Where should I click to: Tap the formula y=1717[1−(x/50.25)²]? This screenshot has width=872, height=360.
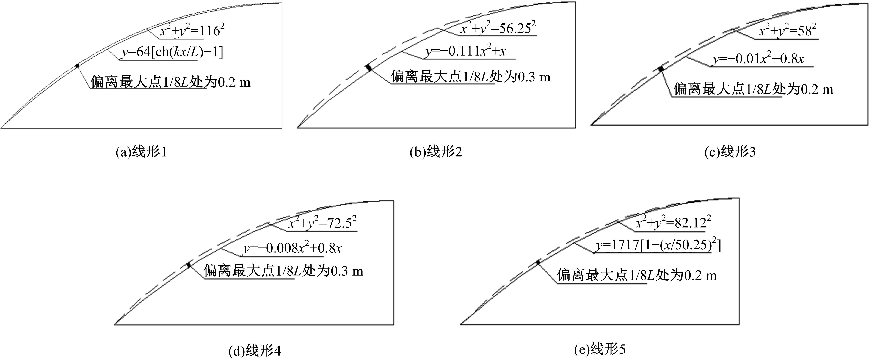pos(658,245)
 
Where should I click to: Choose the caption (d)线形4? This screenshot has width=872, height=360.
pos(255,352)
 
